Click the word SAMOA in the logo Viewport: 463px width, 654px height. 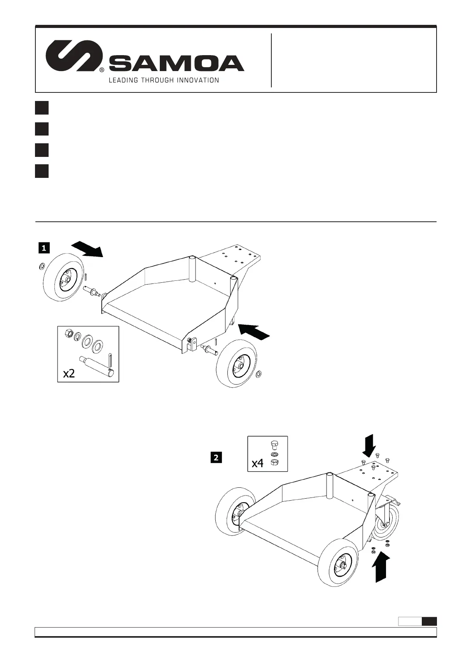pos(176,63)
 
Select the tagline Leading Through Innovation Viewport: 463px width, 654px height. pos(163,80)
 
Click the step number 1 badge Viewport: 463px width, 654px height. pos(44,248)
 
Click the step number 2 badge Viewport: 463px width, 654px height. pos(216,458)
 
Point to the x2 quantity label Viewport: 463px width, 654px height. pos(69,374)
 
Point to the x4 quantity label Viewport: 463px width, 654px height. pos(258,463)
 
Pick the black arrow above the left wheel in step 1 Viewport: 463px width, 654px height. pos(88,249)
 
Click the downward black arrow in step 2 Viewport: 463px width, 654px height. pos(369,445)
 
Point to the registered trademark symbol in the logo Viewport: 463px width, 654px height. pos(101,70)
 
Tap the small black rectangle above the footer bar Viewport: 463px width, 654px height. pos(429,621)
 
